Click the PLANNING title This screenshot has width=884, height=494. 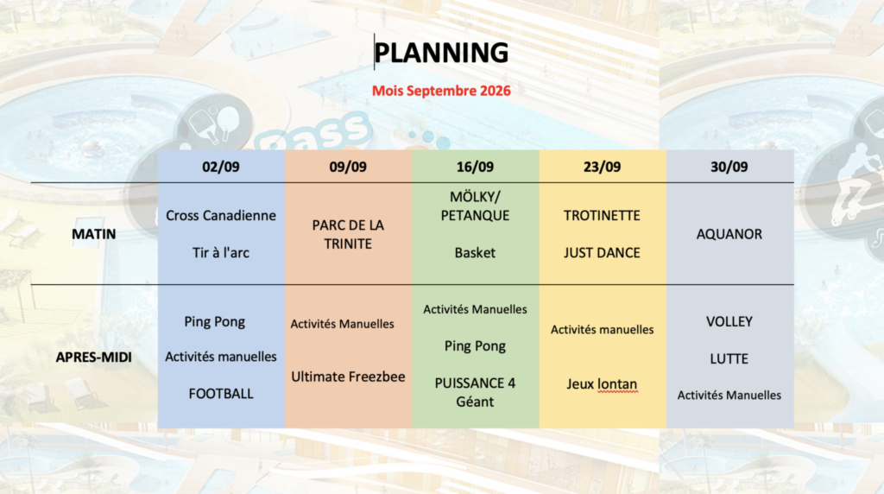pos(441,53)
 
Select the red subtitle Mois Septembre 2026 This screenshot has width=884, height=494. pos(441,91)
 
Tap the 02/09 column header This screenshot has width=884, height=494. pos(221,167)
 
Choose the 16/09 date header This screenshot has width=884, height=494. pos(475,167)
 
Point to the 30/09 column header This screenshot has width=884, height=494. pos(729,167)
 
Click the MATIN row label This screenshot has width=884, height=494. pos(93,234)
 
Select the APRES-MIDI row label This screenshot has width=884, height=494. pos(93,357)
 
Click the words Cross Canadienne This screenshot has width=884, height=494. pos(221,215)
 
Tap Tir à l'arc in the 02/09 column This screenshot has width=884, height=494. pos(221,253)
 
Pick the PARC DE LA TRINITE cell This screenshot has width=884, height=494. pos(348,235)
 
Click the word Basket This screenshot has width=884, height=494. pos(475,253)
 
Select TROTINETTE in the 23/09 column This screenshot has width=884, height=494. pos(602,215)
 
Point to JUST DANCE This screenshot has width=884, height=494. pos(602,253)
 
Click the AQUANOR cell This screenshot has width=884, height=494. pos(729,234)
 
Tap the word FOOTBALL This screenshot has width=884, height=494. pos(221,394)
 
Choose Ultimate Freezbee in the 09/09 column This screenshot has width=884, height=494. pos(348,377)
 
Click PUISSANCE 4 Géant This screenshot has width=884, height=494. pos(475,392)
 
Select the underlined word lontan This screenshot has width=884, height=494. pos(618,384)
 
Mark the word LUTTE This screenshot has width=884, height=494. pos(729,358)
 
